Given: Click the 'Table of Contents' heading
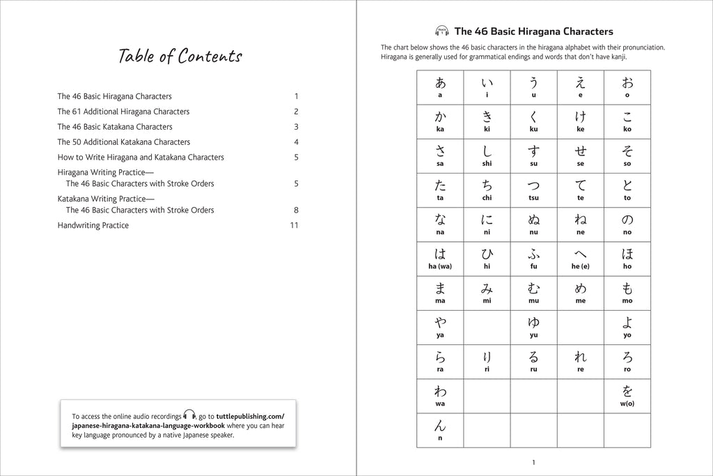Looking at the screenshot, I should tap(180, 56).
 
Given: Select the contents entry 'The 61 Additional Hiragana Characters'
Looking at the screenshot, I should tap(123, 112).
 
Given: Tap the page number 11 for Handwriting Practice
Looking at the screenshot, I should tap(294, 225).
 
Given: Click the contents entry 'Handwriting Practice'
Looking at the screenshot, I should tap(93, 225).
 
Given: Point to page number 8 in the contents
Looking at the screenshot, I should tap(296, 210).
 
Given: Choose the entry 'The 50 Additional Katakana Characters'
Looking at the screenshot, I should tap(123, 142).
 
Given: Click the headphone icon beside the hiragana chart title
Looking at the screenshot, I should tap(441, 31).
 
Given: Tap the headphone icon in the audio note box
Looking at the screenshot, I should tap(189, 415).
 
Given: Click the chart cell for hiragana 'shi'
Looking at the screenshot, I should tap(487, 155).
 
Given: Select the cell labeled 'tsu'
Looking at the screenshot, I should tap(533, 190).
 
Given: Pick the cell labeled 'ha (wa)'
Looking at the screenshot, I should tap(440, 258).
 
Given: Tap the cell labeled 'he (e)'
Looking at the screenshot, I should tap(580, 258).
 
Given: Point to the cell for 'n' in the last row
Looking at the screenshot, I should tap(440, 429).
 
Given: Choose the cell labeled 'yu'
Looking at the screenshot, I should tap(533, 326).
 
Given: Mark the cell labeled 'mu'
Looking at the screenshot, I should tap(533, 292).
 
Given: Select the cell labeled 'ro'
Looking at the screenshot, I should tap(627, 360).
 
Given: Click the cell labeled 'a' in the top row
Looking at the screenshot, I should tap(440, 87).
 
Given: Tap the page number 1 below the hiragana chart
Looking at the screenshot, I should tap(533, 462).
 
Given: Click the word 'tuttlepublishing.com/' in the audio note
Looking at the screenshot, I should tap(251, 415).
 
